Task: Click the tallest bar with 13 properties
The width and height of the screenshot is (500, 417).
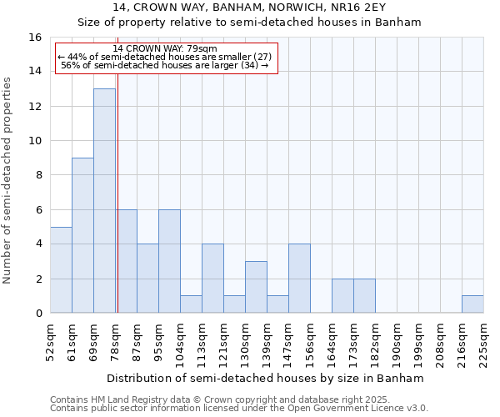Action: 104,201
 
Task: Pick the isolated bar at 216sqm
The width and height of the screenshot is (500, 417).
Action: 472,304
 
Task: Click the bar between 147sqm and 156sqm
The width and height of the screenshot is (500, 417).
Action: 299,279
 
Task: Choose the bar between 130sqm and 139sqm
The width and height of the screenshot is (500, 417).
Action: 256,287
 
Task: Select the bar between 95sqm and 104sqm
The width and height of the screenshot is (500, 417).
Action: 169,261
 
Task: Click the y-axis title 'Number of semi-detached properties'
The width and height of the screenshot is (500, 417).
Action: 8,180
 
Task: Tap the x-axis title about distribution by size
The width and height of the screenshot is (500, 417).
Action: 266,378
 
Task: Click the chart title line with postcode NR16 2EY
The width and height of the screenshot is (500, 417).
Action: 249,8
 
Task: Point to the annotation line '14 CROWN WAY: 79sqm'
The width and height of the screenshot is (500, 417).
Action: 164,48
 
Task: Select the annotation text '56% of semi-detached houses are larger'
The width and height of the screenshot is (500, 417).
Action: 165,65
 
